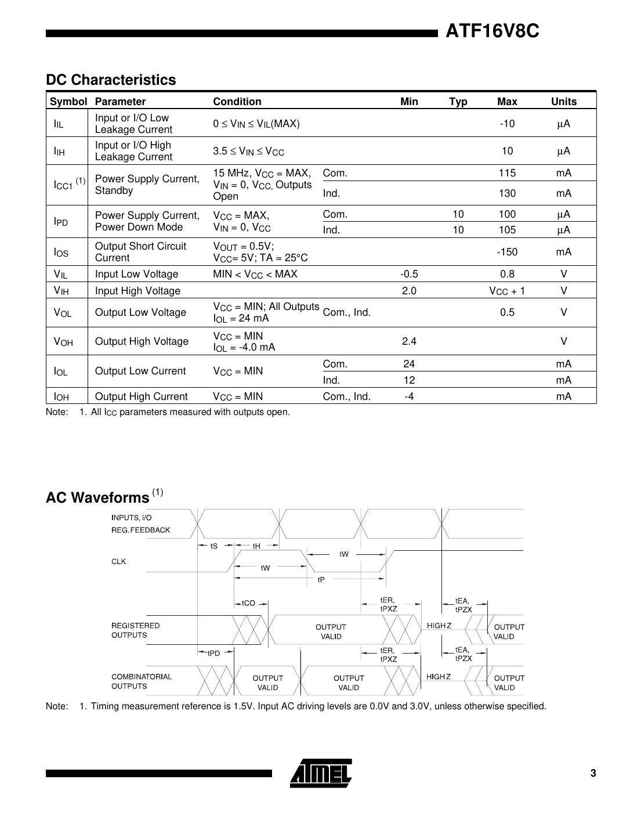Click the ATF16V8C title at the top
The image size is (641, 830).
click(492, 31)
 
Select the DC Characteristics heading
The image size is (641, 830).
click(111, 80)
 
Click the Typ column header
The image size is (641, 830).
click(458, 102)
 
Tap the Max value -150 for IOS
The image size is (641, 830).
click(507, 252)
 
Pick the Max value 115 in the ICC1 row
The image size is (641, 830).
click(507, 173)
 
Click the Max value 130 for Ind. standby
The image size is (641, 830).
click(507, 193)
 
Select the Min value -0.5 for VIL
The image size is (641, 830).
click(409, 274)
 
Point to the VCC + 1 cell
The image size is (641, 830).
click(507, 291)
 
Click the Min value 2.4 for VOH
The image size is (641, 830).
click(409, 341)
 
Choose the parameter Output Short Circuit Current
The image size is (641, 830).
click(140, 252)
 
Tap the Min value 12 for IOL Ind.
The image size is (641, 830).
click(409, 380)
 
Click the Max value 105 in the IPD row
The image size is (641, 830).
click(507, 230)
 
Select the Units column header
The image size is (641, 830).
click(563, 102)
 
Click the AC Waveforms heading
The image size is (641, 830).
click(97, 498)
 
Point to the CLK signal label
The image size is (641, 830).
click(118, 561)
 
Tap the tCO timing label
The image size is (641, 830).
click(248, 603)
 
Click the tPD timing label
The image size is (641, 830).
click(213, 653)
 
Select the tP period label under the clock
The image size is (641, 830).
click(321, 579)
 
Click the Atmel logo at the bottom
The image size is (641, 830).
click(320, 773)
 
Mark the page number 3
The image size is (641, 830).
click(593, 773)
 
